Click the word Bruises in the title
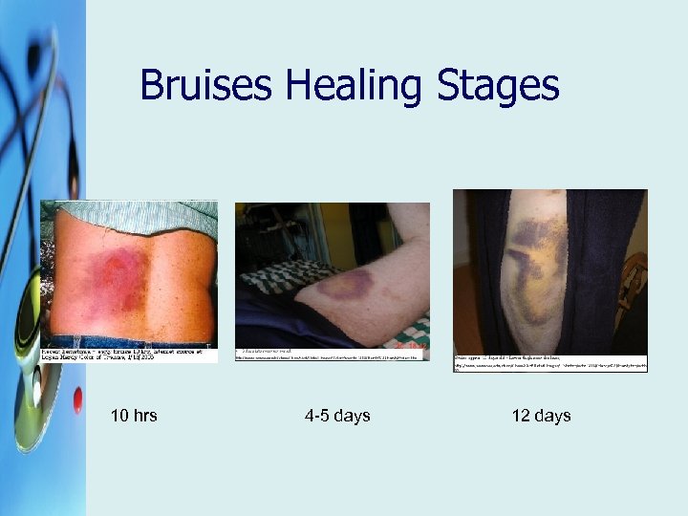click(206, 86)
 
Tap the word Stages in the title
click(498, 86)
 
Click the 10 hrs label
click(134, 416)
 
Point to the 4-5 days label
click(337, 416)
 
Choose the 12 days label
click(541, 416)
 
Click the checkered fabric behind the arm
click(277, 275)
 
